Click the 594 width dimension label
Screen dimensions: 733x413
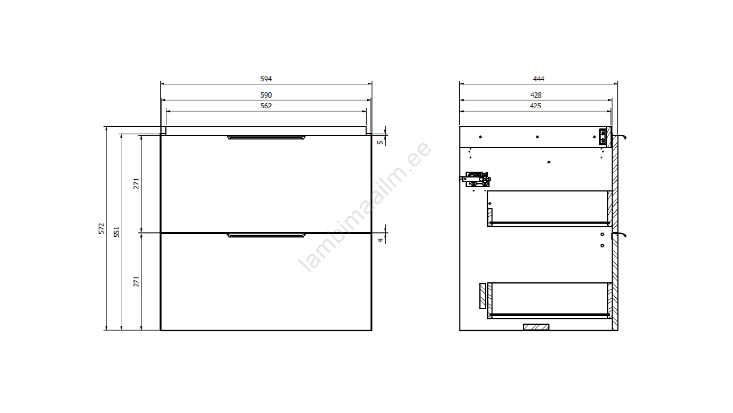coord(266,78)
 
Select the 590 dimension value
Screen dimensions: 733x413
coord(266,95)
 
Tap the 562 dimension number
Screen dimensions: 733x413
coord(266,106)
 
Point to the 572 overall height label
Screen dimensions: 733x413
coord(101,228)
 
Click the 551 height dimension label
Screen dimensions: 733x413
coord(116,232)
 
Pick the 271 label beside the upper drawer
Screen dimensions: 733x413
coord(136,184)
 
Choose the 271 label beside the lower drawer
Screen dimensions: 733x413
coord(136,281)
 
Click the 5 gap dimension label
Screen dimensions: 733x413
coord(380,143)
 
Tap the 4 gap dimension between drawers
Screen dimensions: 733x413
coord(380,240)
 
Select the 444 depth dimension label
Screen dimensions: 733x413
coord(538,78)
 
